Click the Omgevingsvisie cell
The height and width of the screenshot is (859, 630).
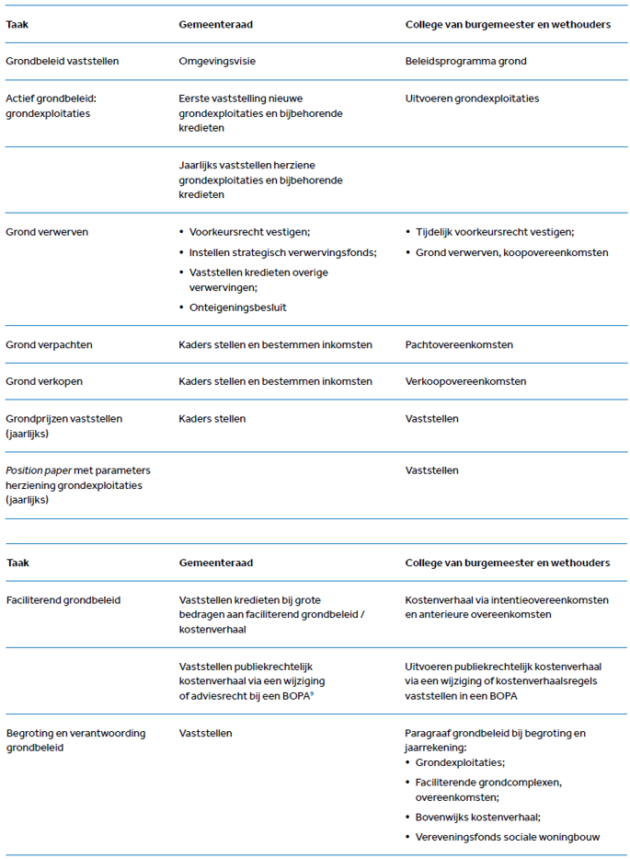[x=216, y=62]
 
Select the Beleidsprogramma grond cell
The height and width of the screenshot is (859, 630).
[x=465, y=62]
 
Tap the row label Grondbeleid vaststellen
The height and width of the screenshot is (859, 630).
[x=63, y=62]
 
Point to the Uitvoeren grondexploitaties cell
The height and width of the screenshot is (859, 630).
[x=472, y=99]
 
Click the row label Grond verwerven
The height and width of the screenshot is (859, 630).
[x=47, y=232]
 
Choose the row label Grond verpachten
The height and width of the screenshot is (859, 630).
[x=49, y=344]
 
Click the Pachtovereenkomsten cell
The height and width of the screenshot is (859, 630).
[x=459, y=344]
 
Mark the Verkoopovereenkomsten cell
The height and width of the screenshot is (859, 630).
[x=465, y=381]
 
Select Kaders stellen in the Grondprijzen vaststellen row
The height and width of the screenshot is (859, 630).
[x=212, y=419]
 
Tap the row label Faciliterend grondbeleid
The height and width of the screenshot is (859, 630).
[x=63, y=600]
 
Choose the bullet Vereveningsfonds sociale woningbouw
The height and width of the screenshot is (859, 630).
[x=508, y=837]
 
